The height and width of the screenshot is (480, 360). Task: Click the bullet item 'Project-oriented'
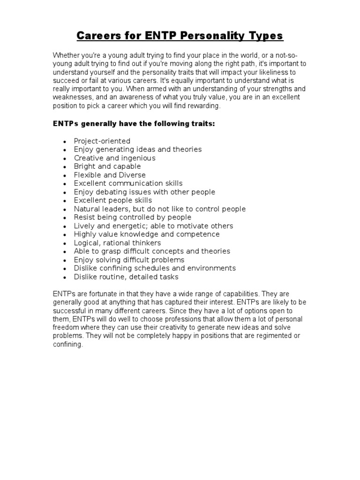coord(102,141)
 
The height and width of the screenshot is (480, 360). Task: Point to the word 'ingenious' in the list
coord(139,158)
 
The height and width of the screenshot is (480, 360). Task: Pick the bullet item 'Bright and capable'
coord(107,166)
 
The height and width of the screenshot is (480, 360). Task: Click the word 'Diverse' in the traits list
coord(130,175)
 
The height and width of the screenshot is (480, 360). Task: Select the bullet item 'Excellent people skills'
coord(112,200)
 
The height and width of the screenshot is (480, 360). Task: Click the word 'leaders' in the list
coord(115,209)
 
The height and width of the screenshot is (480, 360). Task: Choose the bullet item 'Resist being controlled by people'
coord(132,217)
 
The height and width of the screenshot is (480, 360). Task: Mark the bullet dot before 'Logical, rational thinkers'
coord(64,243)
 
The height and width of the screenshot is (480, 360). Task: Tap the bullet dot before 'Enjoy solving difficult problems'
coord(64,260)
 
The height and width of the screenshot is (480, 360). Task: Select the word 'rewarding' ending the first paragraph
coord(203,106)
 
